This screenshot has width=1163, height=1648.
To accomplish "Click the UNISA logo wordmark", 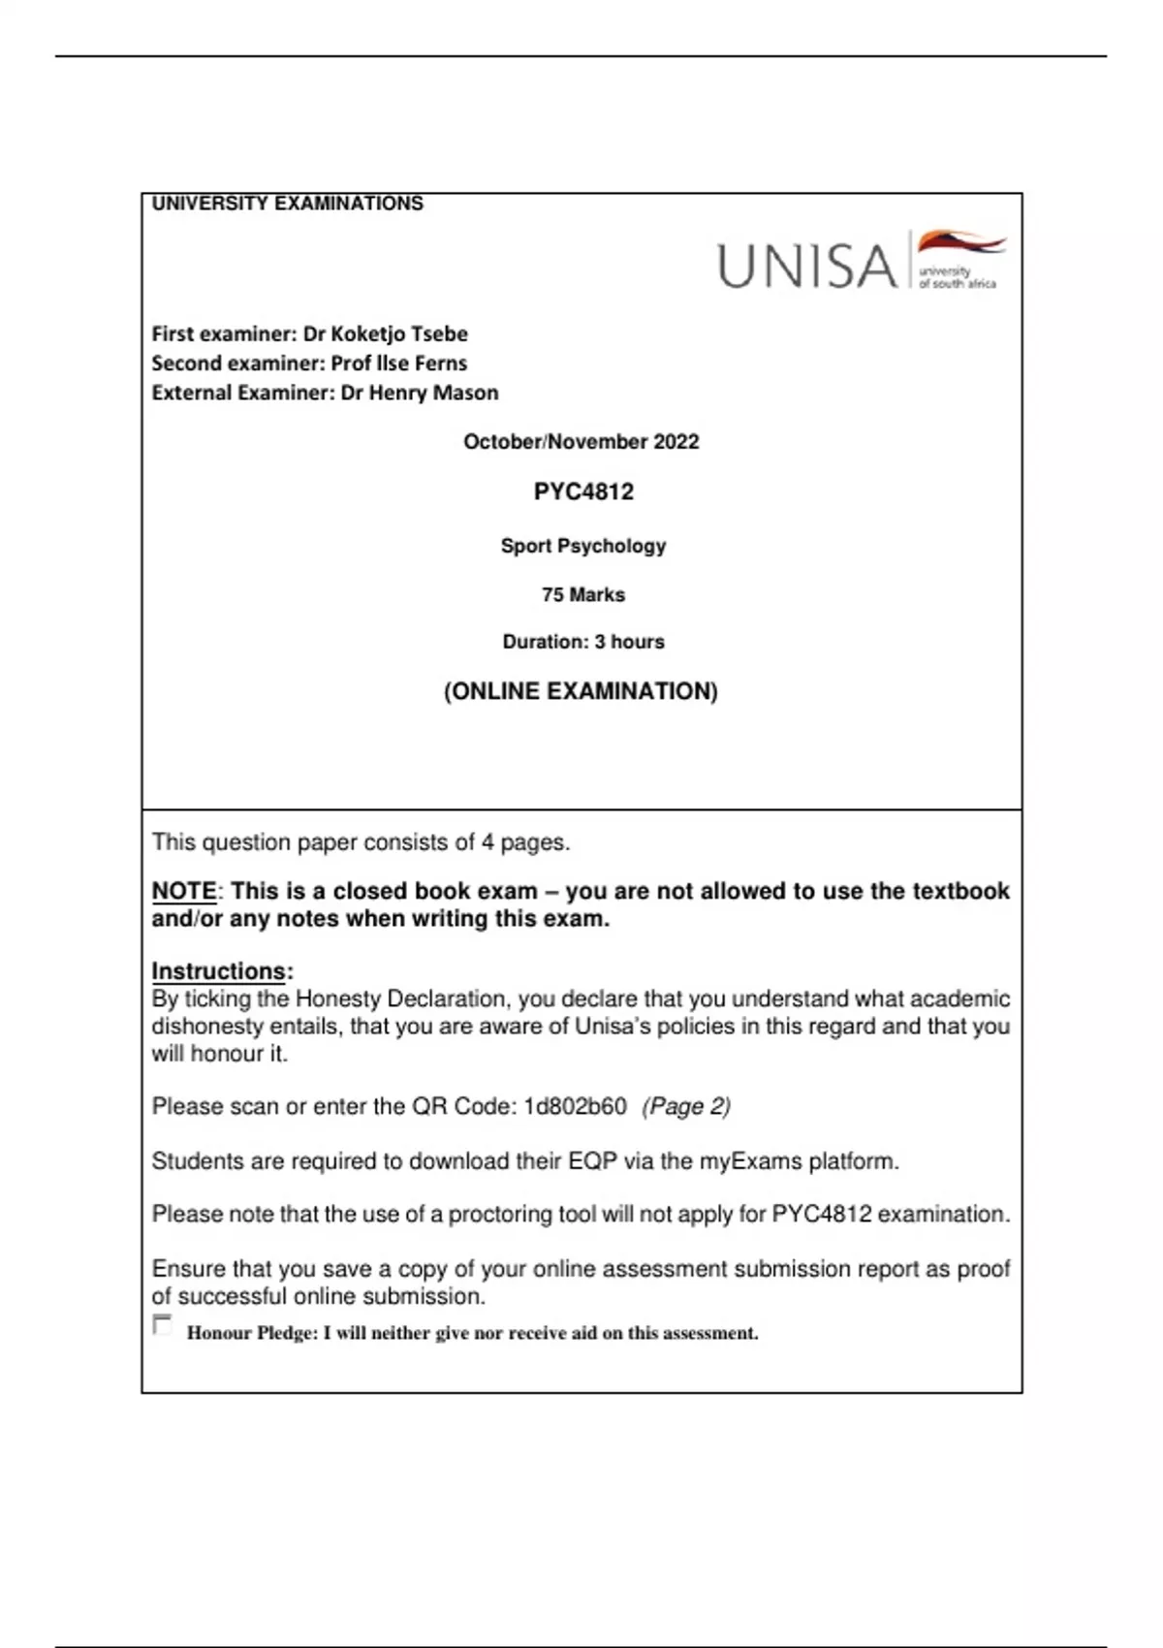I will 806,266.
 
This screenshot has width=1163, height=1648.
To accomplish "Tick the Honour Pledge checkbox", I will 163,1325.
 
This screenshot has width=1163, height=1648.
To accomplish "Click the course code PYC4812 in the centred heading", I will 583,491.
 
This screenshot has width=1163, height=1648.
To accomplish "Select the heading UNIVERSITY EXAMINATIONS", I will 287,204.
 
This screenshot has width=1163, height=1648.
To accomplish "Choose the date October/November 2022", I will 581,442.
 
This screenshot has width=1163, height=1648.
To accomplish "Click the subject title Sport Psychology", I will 583,546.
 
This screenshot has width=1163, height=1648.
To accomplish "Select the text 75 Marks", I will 583,594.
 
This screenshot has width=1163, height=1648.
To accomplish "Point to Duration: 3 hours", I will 583,642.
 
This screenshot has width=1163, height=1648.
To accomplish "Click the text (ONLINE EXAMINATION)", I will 581,691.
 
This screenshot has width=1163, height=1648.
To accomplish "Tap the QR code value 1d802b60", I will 575,1106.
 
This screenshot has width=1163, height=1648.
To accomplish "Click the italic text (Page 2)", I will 686,1106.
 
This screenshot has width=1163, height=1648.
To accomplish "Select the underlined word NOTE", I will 184,891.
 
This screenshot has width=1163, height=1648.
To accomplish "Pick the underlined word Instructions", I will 219,971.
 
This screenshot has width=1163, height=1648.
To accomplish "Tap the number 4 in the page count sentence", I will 487,842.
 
